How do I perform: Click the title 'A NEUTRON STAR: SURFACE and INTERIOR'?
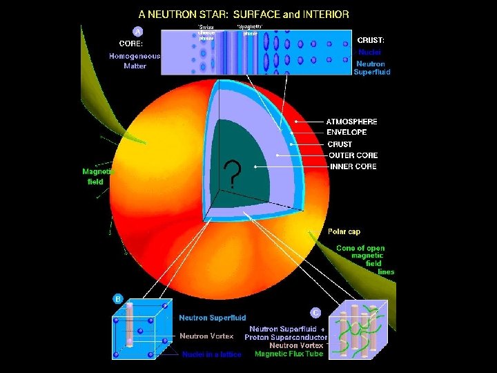pyautogui.click(x=244, y=13)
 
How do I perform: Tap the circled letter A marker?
pyautogui.click(x=138, y=31)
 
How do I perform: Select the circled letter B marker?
pyautogui.click(x=118, y=299)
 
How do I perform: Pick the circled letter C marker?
pyautogui.click(x=315, y=312)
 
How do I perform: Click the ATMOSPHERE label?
pyautogui.click(x=351, y=122)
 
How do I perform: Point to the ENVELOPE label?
pyautogui.click(x=347, y=132)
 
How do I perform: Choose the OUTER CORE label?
pyautogui.click(x=352, y=155)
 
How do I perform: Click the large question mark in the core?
pyautogui.click(x=235, y=176)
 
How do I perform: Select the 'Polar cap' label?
pyautogui.click(x=343, y=231)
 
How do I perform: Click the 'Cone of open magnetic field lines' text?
pyautogui.click(x=365, y=260)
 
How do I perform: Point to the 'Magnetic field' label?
pyautogui.click(x=97, y=176)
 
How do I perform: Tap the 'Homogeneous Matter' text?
pyautogui.click(x=135, y=61)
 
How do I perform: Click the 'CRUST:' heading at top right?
pyautogui.click(x=376, y=40)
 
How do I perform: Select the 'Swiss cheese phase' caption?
pyautogui.click(x=206, y=32)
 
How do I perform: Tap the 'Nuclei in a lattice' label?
pyautogui.click(x=212, y=354)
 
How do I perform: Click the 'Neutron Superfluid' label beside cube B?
pyautogui.click(x=213, y=318)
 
